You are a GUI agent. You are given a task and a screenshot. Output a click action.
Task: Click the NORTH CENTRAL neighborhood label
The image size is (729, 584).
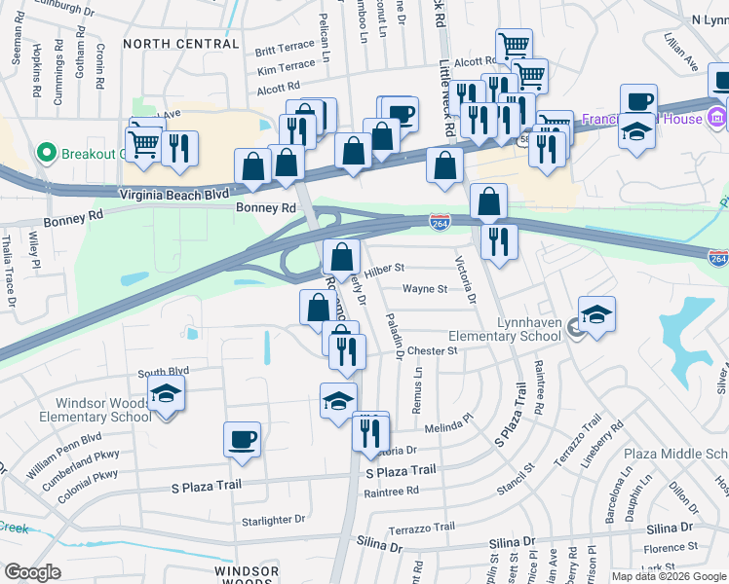pyautogui.click(x=181, y=44)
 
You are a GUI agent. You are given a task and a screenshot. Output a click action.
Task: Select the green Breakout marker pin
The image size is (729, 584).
pyautogui.click(x=45, y=154)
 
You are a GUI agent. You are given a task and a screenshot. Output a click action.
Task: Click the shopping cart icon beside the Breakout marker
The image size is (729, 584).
pyautogui.click(x=144, y=143)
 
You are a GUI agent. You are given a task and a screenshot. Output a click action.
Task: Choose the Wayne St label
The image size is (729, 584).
pyautogui.click(x=425, y=289)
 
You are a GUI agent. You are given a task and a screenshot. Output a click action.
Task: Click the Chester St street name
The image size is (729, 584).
pyautogui.click(x=432, y=350)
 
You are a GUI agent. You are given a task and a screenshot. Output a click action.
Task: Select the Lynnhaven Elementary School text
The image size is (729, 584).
pyautogui.click(x=504, y=329)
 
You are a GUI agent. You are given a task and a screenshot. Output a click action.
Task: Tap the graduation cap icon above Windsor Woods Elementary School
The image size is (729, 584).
pyautogui.click(x=166, y=394)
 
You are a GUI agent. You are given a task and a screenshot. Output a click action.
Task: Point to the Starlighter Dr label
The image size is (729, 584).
pyautogui.click(x=274, y=520)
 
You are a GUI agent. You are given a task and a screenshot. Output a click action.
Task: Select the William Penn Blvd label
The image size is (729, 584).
pyautogui.click(x=64, y=454)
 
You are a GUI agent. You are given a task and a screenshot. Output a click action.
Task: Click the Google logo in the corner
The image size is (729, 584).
pyautogui.click(x=33, y=572)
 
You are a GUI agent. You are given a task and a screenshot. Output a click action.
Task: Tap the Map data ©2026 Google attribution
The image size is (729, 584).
pyautogui.click(x=668, y=576)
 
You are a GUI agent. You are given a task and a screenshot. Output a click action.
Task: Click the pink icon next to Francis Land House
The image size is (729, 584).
pyautogui.click(x=717, y=118)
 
